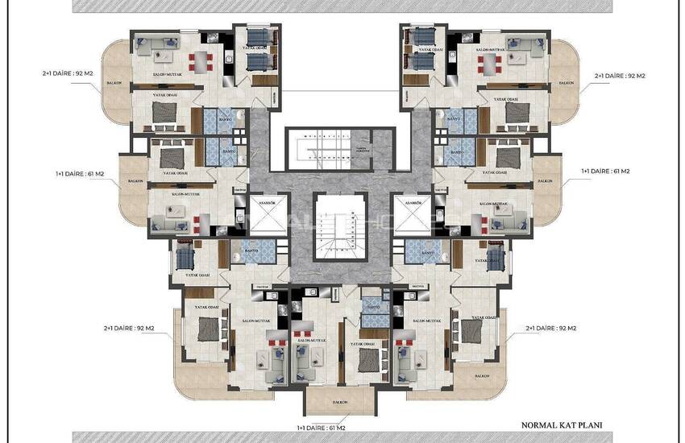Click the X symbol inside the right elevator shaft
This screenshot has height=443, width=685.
click(x=412, y=216)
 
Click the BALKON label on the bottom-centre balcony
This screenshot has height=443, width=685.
click(x=339, y=401)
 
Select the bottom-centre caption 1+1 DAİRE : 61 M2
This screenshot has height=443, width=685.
click(x=322, y=428)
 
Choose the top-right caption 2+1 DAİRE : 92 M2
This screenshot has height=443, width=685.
click(x=620, y=75)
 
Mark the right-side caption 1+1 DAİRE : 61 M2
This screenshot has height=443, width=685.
click(x=605, y=171)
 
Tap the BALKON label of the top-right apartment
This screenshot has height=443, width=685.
click(x=567, y=82)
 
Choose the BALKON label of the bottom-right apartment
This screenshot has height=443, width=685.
click(x=483, y=375)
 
